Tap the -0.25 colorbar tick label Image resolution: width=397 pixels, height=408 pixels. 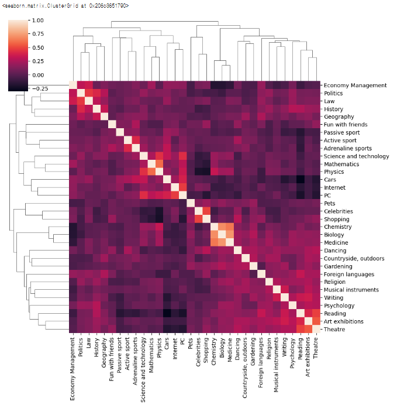coord(37,88)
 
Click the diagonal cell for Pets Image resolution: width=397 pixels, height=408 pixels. coord(190,203)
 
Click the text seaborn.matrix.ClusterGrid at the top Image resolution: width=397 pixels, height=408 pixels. coord(66,5)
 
